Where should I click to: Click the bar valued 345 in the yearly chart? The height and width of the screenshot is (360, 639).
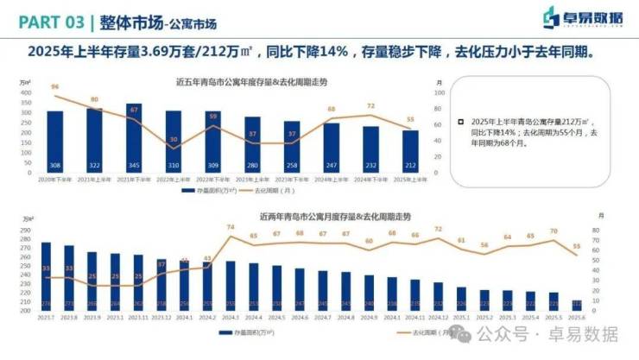click(x=134, y=138)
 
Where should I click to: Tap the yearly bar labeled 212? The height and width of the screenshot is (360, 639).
click(x=410, y=151)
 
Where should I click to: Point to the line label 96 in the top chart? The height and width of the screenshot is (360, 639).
click(x=55, y=87)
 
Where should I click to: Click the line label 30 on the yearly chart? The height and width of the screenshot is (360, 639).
click(x=174, y=139)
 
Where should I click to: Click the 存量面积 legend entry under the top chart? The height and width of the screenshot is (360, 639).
click(x=203, y=189)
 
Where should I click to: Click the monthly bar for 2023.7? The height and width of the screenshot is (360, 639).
click(x=46, y=276)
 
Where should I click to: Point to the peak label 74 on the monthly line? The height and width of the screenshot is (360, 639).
click(x=231, y=227)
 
